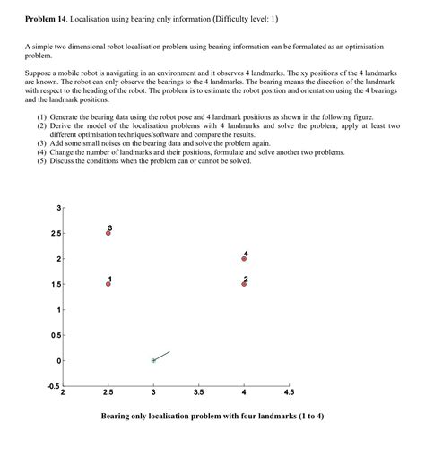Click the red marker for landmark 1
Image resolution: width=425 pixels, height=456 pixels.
point(108,284)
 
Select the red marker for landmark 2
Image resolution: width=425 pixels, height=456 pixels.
point(244,284)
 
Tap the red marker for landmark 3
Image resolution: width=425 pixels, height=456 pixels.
point(108,233)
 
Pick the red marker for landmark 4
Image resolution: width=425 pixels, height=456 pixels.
point(244,259)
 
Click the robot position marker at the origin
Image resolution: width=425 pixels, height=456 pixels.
point(153,360)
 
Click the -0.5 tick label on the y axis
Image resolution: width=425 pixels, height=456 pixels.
point(53,386)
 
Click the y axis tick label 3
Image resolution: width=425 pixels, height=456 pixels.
point(58,208)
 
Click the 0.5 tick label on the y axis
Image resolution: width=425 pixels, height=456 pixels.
point(56,335)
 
